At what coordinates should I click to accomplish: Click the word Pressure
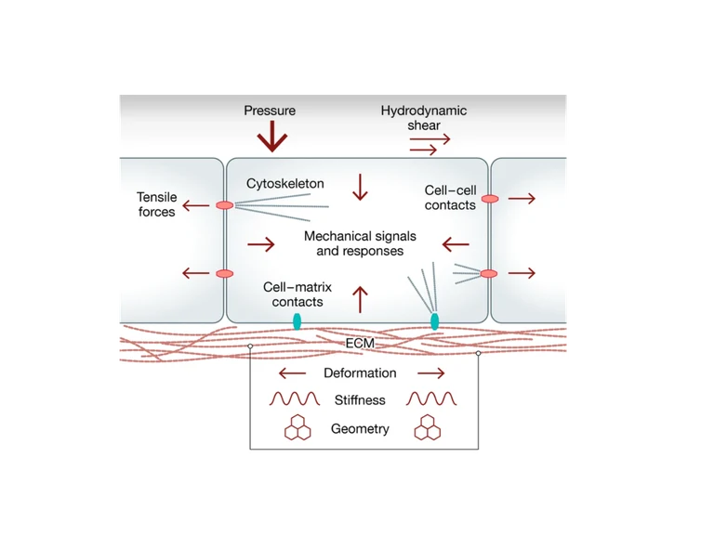pyautogui.click(x=270, y=111)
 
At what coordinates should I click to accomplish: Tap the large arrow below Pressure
pyautogui.click(x=272, y=137)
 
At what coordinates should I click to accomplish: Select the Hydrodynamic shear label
pyautogui.click(x=423, y=118)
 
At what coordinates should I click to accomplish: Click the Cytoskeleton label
pyautogui.click(x=284, y=184)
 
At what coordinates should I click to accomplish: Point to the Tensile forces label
pyautogui.click(x=155, y=204)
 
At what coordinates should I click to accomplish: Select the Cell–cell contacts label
pyautogui.click(x=450, y=197)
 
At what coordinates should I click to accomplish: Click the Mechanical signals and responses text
pyautogui.click(x=359, y=243)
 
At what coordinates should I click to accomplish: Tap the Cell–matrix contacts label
pyautogui.click(x=297, y=294)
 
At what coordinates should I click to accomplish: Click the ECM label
pyautogui.click(x=360, y=344)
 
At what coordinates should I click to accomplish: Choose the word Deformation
pyautogui.click(x=359, y=373)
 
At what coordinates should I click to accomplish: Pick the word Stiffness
pyautogui.click(x=359, y=401)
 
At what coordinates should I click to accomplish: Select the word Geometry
pyautogui.click(x=360, y=429)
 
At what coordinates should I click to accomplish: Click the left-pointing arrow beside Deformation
pyautogui.click(x=292, y=373)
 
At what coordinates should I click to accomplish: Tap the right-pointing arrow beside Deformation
pyautogui.click(x=430, y=373)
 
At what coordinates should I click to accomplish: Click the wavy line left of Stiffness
pyautogui.click(x=294, y=400)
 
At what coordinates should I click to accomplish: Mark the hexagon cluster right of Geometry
pyautogui.click(x=428, y=428)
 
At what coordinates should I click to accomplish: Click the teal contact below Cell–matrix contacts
pyautogui.click(x=297, y=321)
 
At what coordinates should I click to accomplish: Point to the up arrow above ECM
pyautogui.click(x=360, y=299)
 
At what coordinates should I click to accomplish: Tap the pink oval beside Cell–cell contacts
pyautogui.click(x=490, y=198)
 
